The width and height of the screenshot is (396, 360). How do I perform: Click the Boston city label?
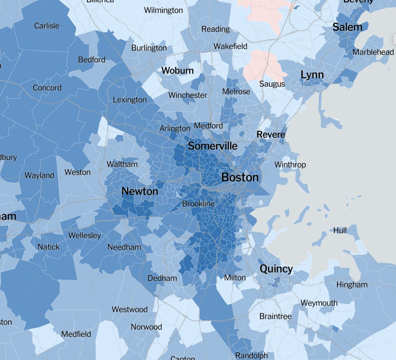pos(240,177)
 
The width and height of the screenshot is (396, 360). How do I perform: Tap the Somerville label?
pos(213,146)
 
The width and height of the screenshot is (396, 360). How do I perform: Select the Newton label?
pos(140,191)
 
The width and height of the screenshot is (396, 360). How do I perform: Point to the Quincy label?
pos(276,269)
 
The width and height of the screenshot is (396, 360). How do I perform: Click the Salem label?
pos(347,27)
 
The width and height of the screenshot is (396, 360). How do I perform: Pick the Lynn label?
pos(312,75)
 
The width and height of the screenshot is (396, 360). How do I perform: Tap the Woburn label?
pos(178,70)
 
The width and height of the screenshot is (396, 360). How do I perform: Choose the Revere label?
pos(271,134)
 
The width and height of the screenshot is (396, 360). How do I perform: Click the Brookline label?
pos(198,204)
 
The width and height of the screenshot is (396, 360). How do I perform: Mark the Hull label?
pos(340,230)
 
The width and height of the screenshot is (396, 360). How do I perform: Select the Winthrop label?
pos(290,164)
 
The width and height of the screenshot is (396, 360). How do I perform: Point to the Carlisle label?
pos(47,26)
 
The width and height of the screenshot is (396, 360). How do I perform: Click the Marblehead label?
pos(373,52)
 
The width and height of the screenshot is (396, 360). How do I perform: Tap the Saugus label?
pos(272,84)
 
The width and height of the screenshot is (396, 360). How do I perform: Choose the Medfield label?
pos(76,334)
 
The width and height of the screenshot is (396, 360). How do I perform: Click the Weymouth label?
pos(319,303)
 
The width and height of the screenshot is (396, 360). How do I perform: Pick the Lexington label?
pos(130,100)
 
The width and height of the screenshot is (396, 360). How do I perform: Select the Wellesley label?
pos(84,235)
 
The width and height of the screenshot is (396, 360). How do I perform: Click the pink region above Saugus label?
pos(264,64)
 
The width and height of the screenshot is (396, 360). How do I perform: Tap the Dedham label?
pos(162,278)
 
